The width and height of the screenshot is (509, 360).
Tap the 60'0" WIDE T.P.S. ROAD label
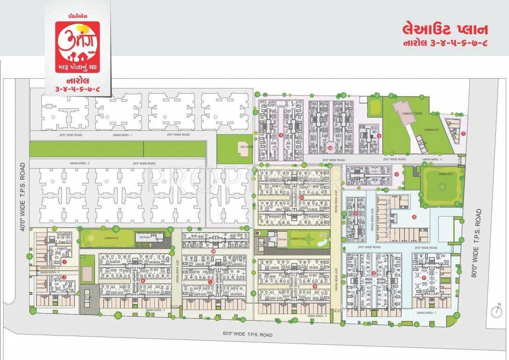[x=247, y=335]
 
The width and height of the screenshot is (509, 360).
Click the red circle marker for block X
[x=281, y=135]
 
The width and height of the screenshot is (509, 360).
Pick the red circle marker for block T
[x=463, y=134]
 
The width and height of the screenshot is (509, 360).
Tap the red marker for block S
[x=414, y=217]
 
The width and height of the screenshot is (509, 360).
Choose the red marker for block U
[x=397, y=174]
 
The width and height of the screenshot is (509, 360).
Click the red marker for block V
[x=379, y=136]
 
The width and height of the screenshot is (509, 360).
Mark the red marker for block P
[x=424, y=278]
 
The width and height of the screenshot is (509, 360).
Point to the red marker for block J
[x=64, y=277]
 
